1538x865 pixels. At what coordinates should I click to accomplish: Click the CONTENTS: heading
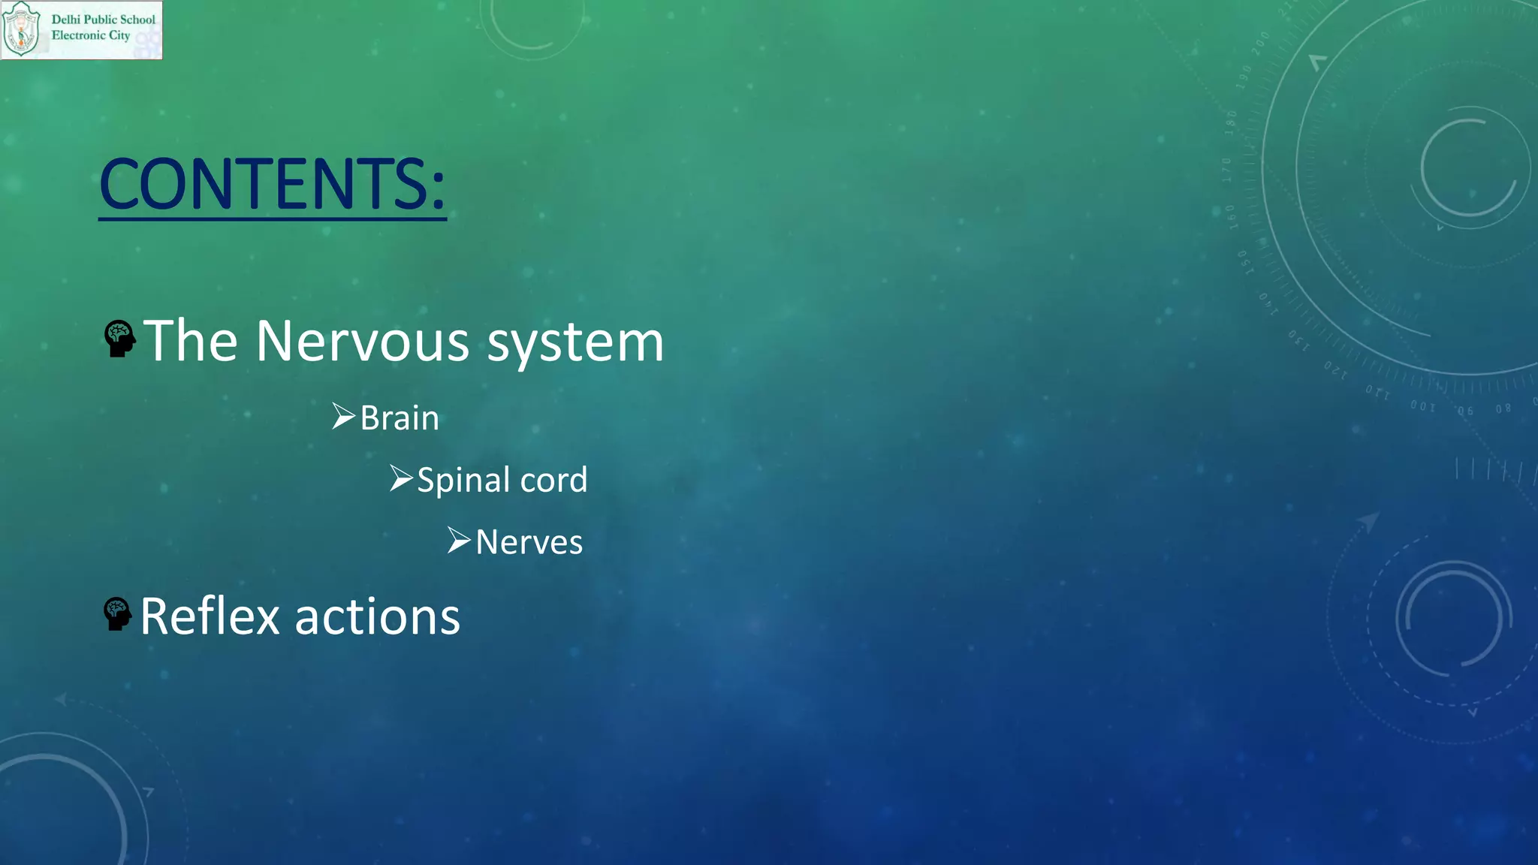[x=272, y=184]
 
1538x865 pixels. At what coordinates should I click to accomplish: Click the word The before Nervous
[x=191, y=342]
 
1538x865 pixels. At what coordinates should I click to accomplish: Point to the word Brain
[x=400, y=418]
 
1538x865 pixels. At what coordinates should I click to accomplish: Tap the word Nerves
[x=529, y=542]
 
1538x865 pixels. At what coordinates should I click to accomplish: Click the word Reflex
[x=210, y=616]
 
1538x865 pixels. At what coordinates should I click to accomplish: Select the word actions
[x=377, y=617]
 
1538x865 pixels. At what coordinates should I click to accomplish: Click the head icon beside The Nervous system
[x=119, y=339]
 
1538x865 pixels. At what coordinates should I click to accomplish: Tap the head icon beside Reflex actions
[x=117, y=614]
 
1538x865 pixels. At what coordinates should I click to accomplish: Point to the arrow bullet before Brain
[x=343, y=416]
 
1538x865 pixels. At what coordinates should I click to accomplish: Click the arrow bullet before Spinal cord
[x=401, y=478]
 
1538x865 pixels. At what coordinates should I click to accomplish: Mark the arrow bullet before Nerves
[x=459, y=540]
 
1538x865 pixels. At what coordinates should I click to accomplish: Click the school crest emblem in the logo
[x=22, y=30]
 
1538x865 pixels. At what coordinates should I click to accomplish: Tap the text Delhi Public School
[x=103, y=20]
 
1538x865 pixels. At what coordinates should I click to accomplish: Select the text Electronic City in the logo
[x=91, y=35]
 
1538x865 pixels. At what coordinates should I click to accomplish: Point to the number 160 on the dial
[x=1232, y=217]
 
